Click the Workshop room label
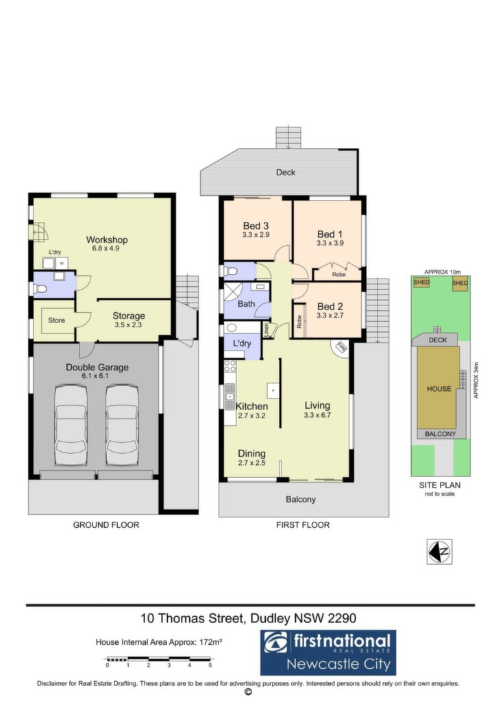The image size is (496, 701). tap(107, 240)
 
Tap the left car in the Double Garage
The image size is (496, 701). tap(71, 426)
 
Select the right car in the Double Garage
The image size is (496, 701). tap(122, 426)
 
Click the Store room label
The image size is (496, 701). tap(56, 320)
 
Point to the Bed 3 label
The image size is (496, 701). tap(256, 226)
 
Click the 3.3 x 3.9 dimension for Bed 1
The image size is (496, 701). tap(330, 243)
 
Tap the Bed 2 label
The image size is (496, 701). tap(330, 307)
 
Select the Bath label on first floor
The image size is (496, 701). tap(246, 304)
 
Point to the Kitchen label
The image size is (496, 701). tap(252, 407)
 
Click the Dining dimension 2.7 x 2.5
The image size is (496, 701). tap(252, 463)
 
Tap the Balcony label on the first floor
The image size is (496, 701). tap(301, 499)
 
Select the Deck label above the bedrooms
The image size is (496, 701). tap(286, 172)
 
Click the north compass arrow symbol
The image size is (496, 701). tap(439, 552)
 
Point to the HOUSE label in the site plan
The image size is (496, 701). tap(438, 389)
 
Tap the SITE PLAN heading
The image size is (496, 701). tap(440, 485)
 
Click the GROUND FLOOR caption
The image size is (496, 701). tap(106, 525)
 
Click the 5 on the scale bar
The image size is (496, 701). tap(210, 665)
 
